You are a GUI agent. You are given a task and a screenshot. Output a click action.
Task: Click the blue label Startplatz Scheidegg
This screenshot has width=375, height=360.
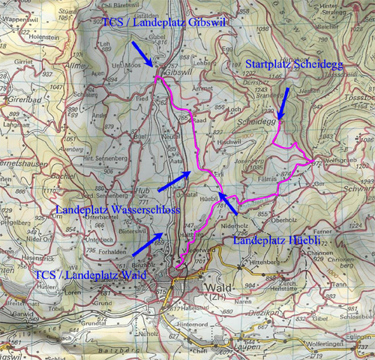tap(294, 66)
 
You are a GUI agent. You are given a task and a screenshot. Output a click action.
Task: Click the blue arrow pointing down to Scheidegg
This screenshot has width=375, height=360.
tap(283, 100)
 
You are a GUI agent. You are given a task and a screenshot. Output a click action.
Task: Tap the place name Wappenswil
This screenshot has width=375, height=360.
tap(17, 12)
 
